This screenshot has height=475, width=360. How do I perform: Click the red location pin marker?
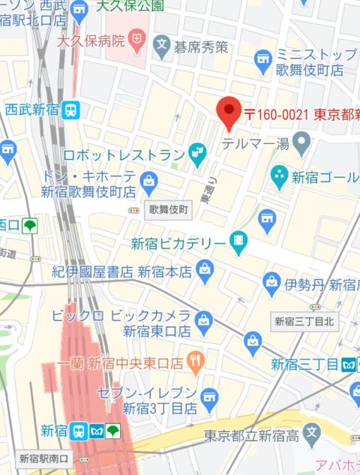tap(228, 113)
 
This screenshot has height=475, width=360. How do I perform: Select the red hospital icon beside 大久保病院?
tap(138, 37)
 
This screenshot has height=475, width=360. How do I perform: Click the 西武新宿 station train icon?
tap(71, 110)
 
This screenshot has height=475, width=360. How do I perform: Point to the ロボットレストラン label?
tap(124, 155)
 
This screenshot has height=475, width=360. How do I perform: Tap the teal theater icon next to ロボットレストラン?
tap(198, 155)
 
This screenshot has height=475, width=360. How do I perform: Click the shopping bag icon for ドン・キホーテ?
tap(149, 181)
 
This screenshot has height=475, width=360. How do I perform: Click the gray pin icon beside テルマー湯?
tap(301, 140)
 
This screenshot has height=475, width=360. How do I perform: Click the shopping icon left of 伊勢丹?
tap(271, 283)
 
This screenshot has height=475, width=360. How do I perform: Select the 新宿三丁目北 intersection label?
tap(305, 321)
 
